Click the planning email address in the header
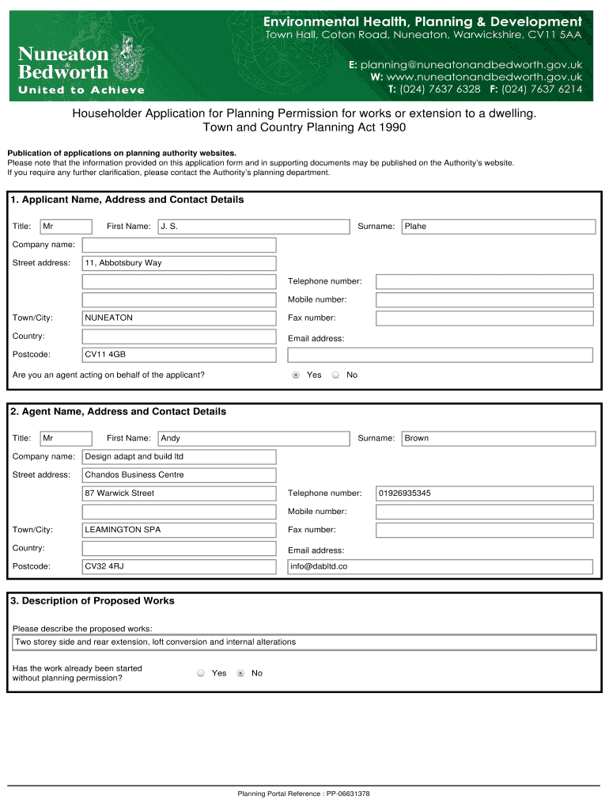(471, 64)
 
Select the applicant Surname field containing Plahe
(498, 227)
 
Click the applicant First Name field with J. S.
(253, 227)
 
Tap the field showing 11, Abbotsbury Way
(180, 263)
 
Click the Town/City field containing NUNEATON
(180, 318)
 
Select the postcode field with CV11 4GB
(180, 354)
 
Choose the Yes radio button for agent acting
(296, 375)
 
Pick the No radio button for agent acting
(335, 375)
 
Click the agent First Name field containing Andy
(253, 438)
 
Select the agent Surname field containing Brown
(498, 438)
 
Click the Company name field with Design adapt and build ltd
(180, 456)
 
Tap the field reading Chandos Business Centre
(180, 474)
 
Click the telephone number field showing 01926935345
(484, 493)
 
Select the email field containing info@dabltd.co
(440, 566)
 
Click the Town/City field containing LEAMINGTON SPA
(180, 529)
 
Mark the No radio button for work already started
(240, 673)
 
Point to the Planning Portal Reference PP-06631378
(304, 793)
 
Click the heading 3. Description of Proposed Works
(93, 601)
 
